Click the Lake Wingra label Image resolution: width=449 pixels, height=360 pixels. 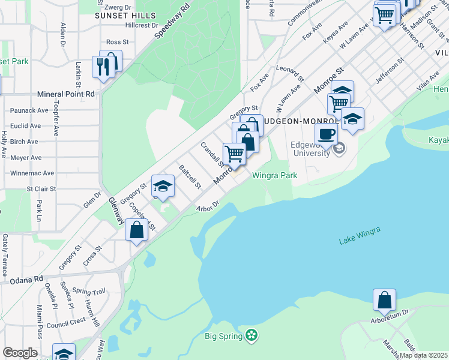coord(360,236)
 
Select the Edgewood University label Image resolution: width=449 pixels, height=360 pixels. coord(310,148)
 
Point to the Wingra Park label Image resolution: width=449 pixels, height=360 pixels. coord(275,176)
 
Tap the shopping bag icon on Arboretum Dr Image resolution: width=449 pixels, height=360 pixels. coord(384,300)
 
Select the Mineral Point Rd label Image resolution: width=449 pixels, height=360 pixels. coord(66,94)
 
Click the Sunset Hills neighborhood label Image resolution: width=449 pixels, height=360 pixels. coord(125,15)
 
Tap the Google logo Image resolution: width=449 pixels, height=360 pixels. coord(20,353)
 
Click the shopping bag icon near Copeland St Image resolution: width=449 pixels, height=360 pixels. coord(136,229)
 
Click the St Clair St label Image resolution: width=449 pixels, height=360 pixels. coord(41,188)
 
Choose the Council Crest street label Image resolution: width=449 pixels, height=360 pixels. coord(66,322)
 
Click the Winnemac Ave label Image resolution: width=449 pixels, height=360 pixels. coord(32,173)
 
